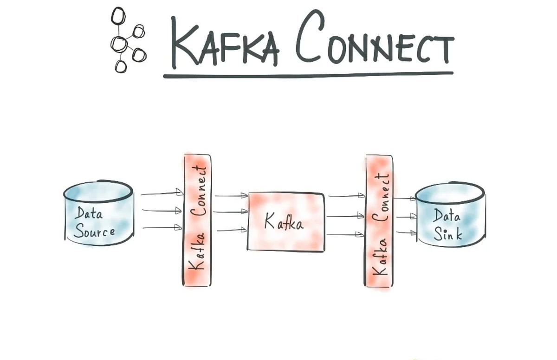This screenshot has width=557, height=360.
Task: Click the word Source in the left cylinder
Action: coord(94,231)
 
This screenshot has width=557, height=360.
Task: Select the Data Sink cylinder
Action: coord(450,215)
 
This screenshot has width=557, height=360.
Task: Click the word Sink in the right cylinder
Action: coord(447,233)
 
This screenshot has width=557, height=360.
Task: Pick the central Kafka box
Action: coord(286,221)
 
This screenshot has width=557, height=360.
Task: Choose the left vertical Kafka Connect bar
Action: coord(197,219)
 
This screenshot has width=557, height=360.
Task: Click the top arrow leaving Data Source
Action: coord(161,193)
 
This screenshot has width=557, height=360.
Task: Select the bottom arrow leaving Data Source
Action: coord(161,227)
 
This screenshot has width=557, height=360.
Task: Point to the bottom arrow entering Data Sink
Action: coord(405,232)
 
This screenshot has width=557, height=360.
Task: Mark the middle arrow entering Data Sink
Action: coord(405,216)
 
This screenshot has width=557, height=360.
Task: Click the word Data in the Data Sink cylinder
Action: coord(447,215)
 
